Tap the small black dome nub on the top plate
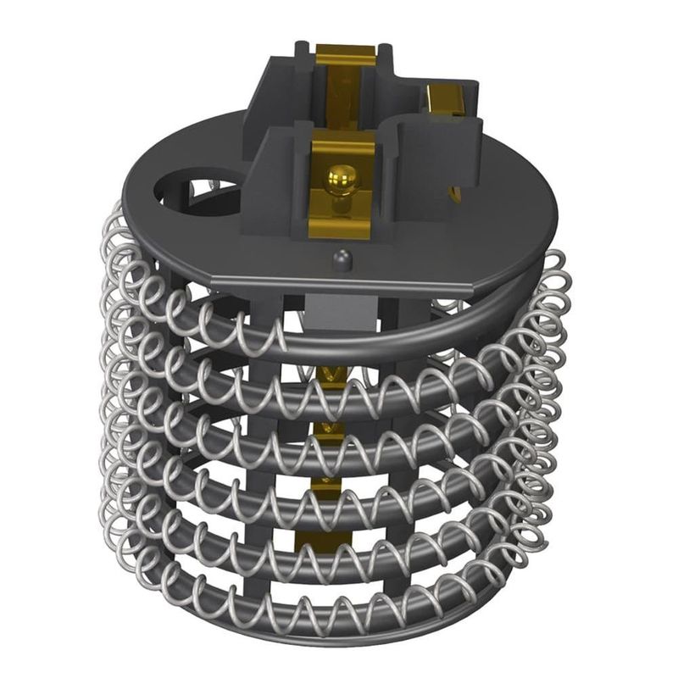(x=342, y=258)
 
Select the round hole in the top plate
(x=187, y=181)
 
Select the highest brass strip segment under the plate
(x=326, y=373)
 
